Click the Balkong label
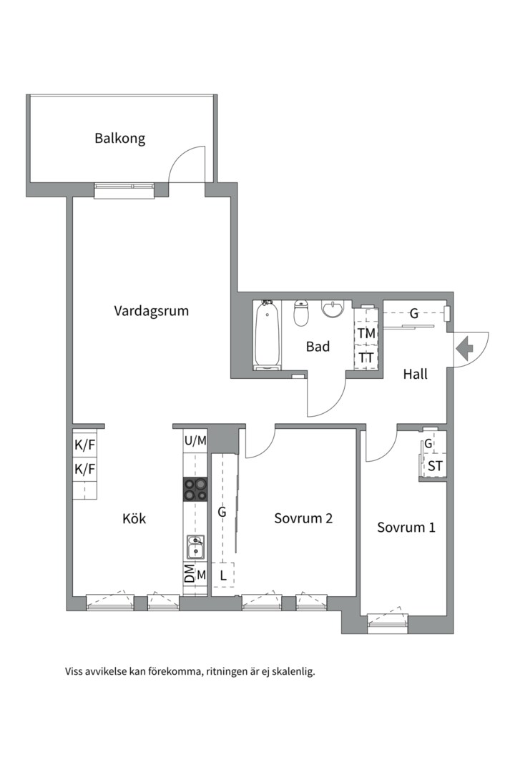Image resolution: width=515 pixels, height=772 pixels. click(119, 139)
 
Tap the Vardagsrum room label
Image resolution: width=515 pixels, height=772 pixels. click(152, 311)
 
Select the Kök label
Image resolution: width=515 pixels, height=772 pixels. click(134, 518)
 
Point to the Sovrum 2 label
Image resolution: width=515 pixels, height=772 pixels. click(303, 518)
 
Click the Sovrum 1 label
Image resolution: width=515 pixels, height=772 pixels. click(406, 528)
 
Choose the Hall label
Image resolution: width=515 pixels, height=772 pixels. click(415, 374)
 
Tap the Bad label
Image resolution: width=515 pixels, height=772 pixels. click(318, 347)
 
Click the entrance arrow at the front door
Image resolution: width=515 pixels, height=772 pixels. click(464, 348)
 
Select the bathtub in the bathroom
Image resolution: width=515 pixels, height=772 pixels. click(268, 335)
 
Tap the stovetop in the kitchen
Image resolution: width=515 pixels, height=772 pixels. click(195, 490)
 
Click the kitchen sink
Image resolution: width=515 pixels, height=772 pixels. click(195, 547)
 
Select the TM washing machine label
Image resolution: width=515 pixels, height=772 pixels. click(366, 333)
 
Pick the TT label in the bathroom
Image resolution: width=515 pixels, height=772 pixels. click(366, 357)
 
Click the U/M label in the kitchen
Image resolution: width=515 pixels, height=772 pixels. click(195, 440)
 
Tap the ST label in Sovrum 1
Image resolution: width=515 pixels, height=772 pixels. click(435, 466)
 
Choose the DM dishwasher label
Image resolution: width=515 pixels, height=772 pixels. click(190, 574)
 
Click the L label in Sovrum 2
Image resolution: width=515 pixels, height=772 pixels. click(222, 575)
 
